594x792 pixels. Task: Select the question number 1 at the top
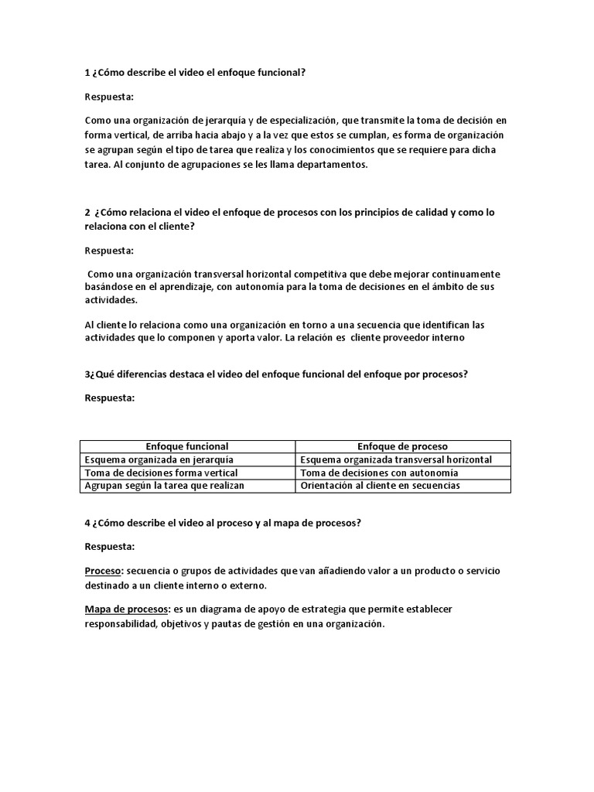point(87,73)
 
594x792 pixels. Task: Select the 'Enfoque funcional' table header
point(187,446)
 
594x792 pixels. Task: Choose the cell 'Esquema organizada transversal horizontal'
point(395,459)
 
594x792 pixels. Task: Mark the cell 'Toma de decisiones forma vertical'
point(160,473)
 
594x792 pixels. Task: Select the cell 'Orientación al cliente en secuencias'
point(380,486)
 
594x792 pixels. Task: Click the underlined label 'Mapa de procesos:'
point(127,609)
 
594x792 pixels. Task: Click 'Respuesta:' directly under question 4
point(109,547)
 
